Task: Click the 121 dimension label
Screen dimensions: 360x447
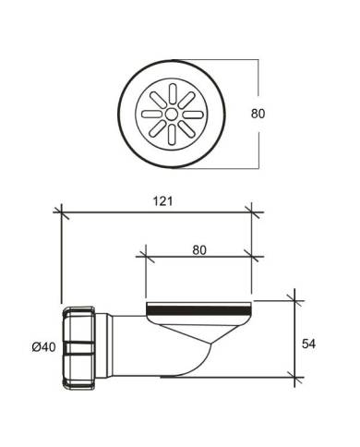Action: point(162,201)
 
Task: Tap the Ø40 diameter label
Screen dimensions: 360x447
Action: point(43,347)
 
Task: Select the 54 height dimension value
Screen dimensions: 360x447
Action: point(308,344)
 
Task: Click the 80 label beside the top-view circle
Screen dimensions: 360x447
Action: point(258,114)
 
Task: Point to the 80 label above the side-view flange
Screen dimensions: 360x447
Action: point(199,250)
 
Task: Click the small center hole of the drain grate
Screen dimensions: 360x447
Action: point(171,115)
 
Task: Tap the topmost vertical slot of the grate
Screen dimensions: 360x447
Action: point(173,93)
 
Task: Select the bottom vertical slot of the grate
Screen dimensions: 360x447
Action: point(173,135)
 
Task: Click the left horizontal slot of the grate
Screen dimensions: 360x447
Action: point(151,115)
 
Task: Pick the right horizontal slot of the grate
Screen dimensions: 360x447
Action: point(193,115)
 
